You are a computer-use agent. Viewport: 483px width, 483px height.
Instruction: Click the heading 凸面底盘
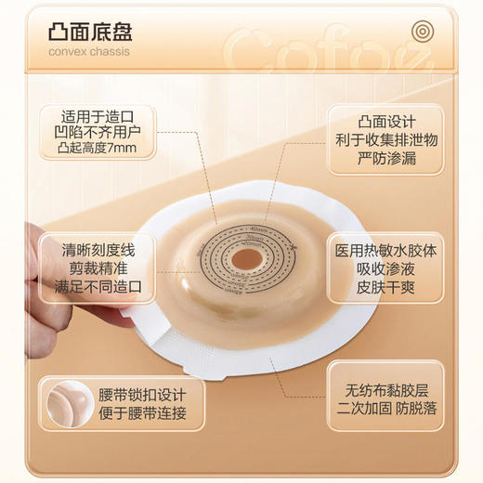click(x=91, y=29)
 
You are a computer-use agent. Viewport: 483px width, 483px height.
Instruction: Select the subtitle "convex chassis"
click(x=89, y=51)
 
